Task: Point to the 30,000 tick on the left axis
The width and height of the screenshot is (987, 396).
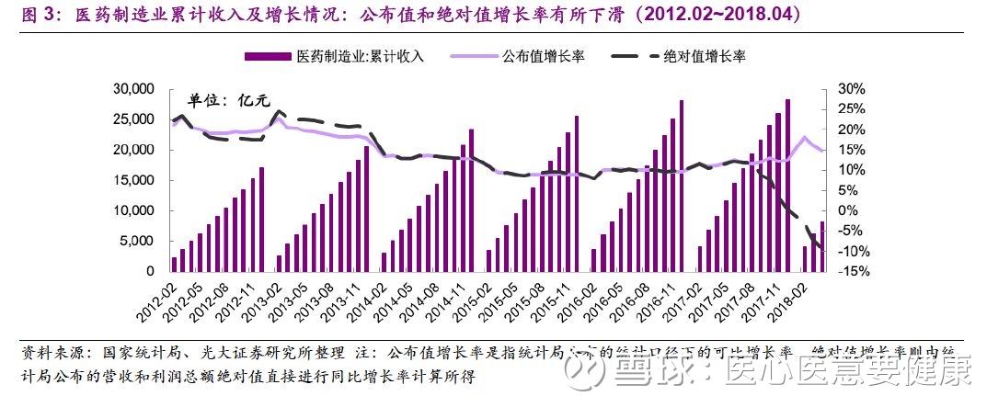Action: coord(132,89)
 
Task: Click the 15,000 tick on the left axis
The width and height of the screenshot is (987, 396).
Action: coord(132,180)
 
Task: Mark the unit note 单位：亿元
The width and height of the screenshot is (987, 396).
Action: coord(230,101)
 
